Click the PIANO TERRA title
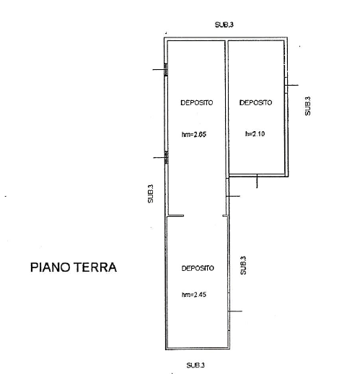(x=74, y=267)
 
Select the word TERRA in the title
(x=95, y=267)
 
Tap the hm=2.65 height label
(x=194, y=134)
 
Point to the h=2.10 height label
(x=255, y=134)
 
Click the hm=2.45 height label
(x=194, y=295)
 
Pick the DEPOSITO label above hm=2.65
(x=197, y=103)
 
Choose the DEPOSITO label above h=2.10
(x=255, y=103)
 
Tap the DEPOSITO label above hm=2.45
(x=198, y=268)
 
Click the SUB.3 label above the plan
(x=224, y=25)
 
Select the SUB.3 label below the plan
(x=196, y=365)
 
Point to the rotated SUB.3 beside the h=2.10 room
(x=307, y=106)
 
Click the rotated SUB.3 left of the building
(x=150, y=194)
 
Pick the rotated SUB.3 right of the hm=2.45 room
(x=243, y=265)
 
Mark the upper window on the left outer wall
(x=166, y=70)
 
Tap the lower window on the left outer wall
(x=167, y=158)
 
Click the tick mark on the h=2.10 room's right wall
(x=292, y=85)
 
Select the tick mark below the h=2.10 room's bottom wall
(x=257, y=182)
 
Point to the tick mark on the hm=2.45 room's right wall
(x=235, y=311)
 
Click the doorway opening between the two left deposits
(x=203, y=215)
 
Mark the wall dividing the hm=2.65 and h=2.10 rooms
(x=227, y=107)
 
